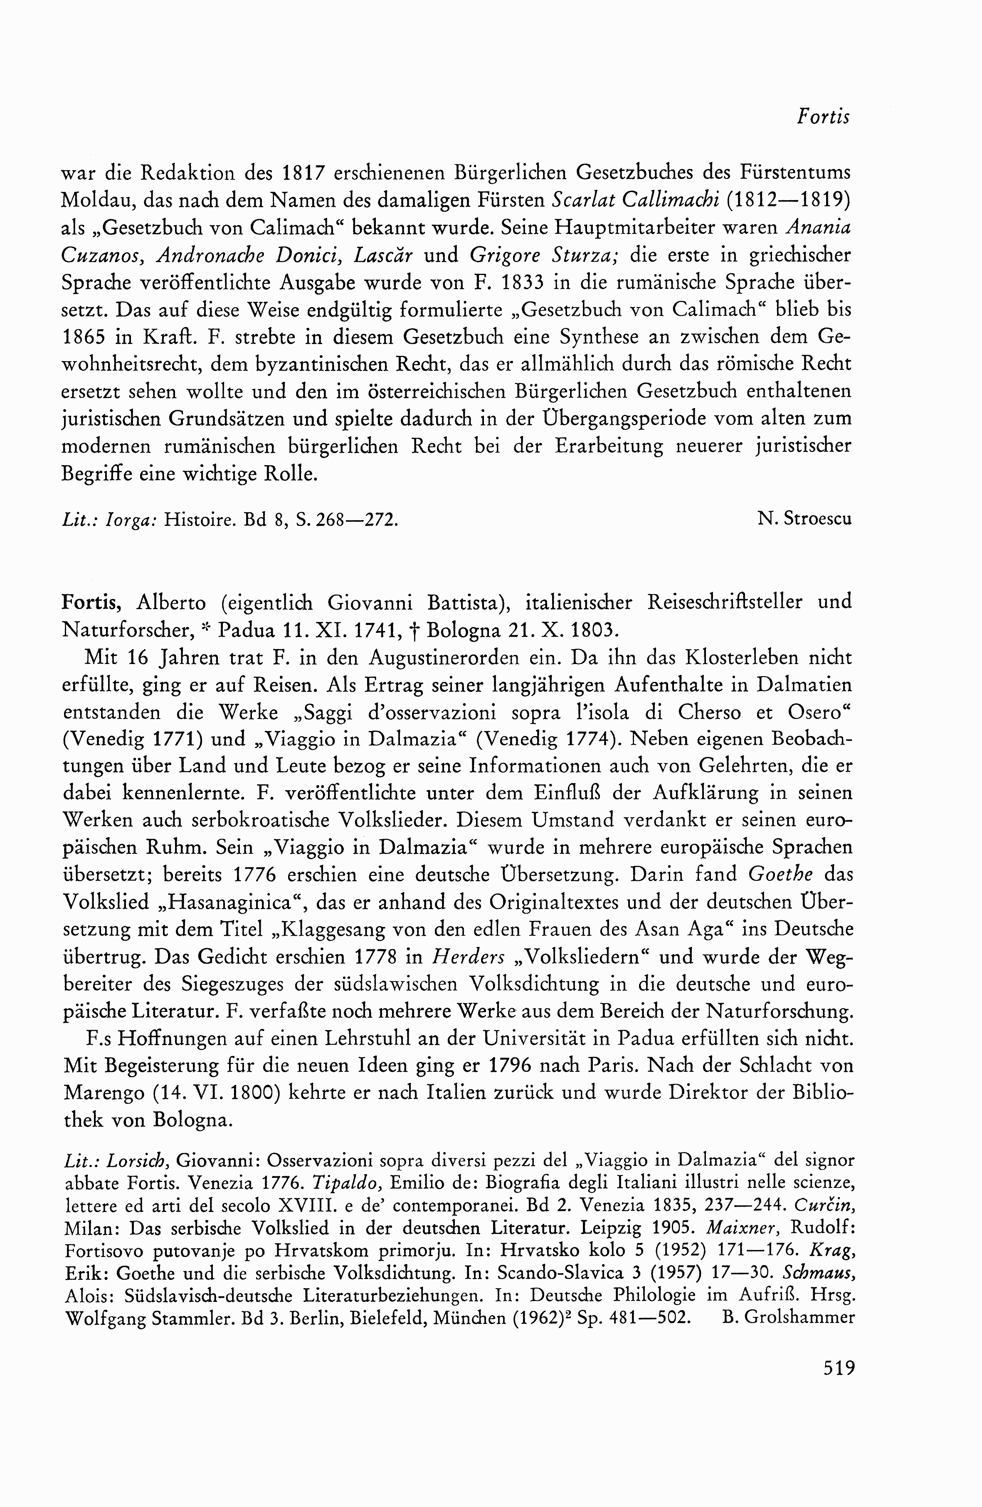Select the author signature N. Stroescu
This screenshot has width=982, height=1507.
pos(804,519)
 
